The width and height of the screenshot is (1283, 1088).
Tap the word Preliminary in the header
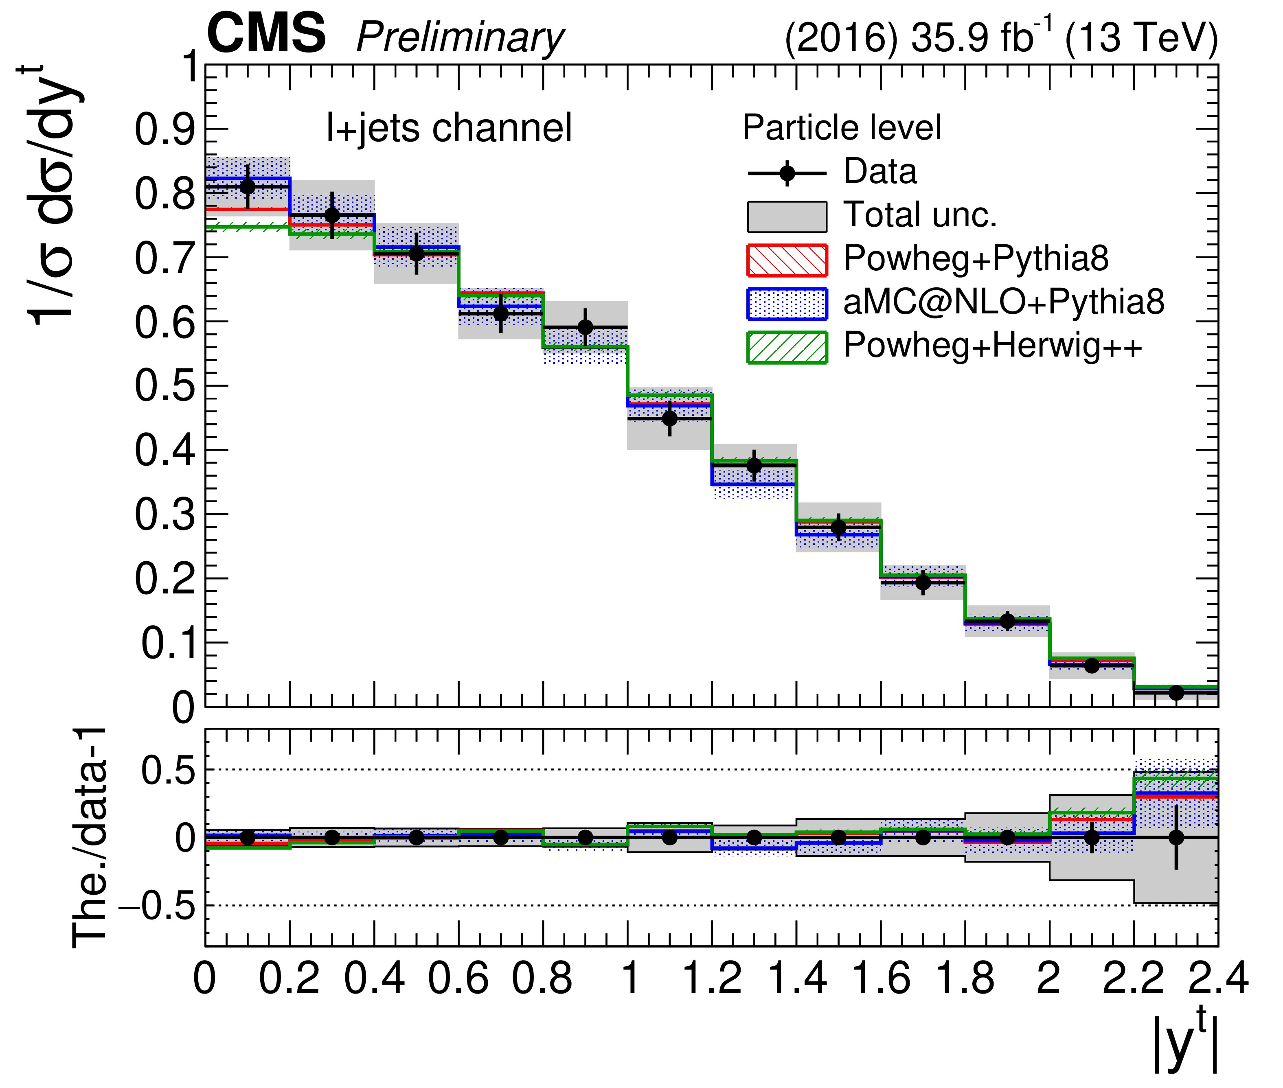(460, 38)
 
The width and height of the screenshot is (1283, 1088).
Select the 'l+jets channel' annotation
(449, 128)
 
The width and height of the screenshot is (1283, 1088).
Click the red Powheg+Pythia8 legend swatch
(787, 260)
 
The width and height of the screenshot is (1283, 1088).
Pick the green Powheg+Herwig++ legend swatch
(787, 347)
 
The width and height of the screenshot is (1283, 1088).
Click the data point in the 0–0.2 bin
(247, 186)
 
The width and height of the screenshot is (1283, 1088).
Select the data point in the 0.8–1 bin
(585, 327)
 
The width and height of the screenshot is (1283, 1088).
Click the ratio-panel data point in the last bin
(1176, 837)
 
